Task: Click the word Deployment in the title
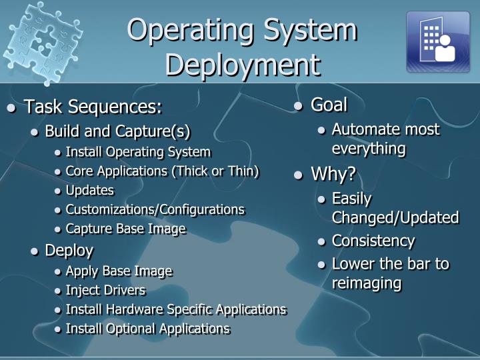click(243, 65)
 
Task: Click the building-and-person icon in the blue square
click(438, 41)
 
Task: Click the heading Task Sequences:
click(93, 107)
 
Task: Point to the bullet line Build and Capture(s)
click(117, 130)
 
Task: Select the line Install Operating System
click(138, 151)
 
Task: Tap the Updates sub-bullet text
click(90, 190)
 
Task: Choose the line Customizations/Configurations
click(155, 209)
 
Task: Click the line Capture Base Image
click(125, 229)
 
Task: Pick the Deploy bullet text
click(69, 251)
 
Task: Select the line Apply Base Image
click(119, 271)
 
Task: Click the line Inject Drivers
click(105, 290)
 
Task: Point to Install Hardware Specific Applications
click(176, 309)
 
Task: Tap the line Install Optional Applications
click(147, 329)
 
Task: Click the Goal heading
click(329, 105)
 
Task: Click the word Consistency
click(373, 241)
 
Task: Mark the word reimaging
click(367, 283)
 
